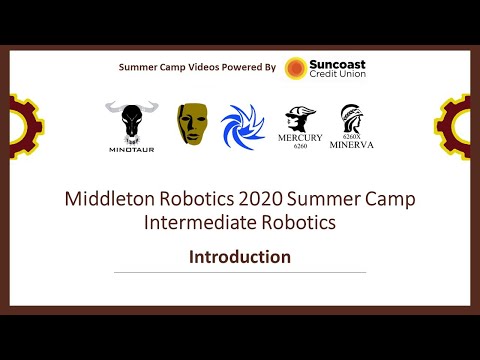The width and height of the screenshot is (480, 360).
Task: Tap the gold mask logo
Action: pos(192,122)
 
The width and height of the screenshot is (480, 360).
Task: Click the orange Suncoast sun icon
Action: pos(296,68)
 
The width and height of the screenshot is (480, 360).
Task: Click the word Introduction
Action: pos(240,256)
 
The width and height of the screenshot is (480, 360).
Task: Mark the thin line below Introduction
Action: pos(240,273)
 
